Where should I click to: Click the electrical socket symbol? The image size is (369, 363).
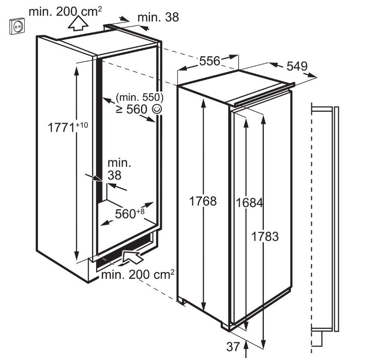point(17,26)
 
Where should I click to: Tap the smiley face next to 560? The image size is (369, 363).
point(157,109)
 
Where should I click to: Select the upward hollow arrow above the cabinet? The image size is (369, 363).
point(78,23)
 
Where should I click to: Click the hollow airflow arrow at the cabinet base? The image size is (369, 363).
point(132,258)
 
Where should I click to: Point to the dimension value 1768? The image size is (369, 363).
point(203,201)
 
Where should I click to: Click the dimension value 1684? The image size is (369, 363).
point(249,203)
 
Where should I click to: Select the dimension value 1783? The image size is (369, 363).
point(265,236)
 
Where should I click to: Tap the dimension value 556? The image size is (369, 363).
point(210,61)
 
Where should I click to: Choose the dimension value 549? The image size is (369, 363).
point(297,66)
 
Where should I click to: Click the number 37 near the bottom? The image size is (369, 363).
point(233,347)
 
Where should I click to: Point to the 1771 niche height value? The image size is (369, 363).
point(61,128)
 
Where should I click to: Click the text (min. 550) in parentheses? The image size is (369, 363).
point(140,97)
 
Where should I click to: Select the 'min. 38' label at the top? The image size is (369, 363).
point(158,17)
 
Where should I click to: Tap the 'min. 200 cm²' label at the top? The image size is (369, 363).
point(65,11)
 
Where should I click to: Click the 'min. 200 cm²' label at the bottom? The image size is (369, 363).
point(138,274)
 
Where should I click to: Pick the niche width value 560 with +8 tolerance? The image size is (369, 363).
point(130,214)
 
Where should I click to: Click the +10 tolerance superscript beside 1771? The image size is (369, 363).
point(82,125)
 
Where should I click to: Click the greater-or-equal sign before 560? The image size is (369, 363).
point(119,109)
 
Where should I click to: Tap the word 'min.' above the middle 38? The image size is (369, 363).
point(119,163)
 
